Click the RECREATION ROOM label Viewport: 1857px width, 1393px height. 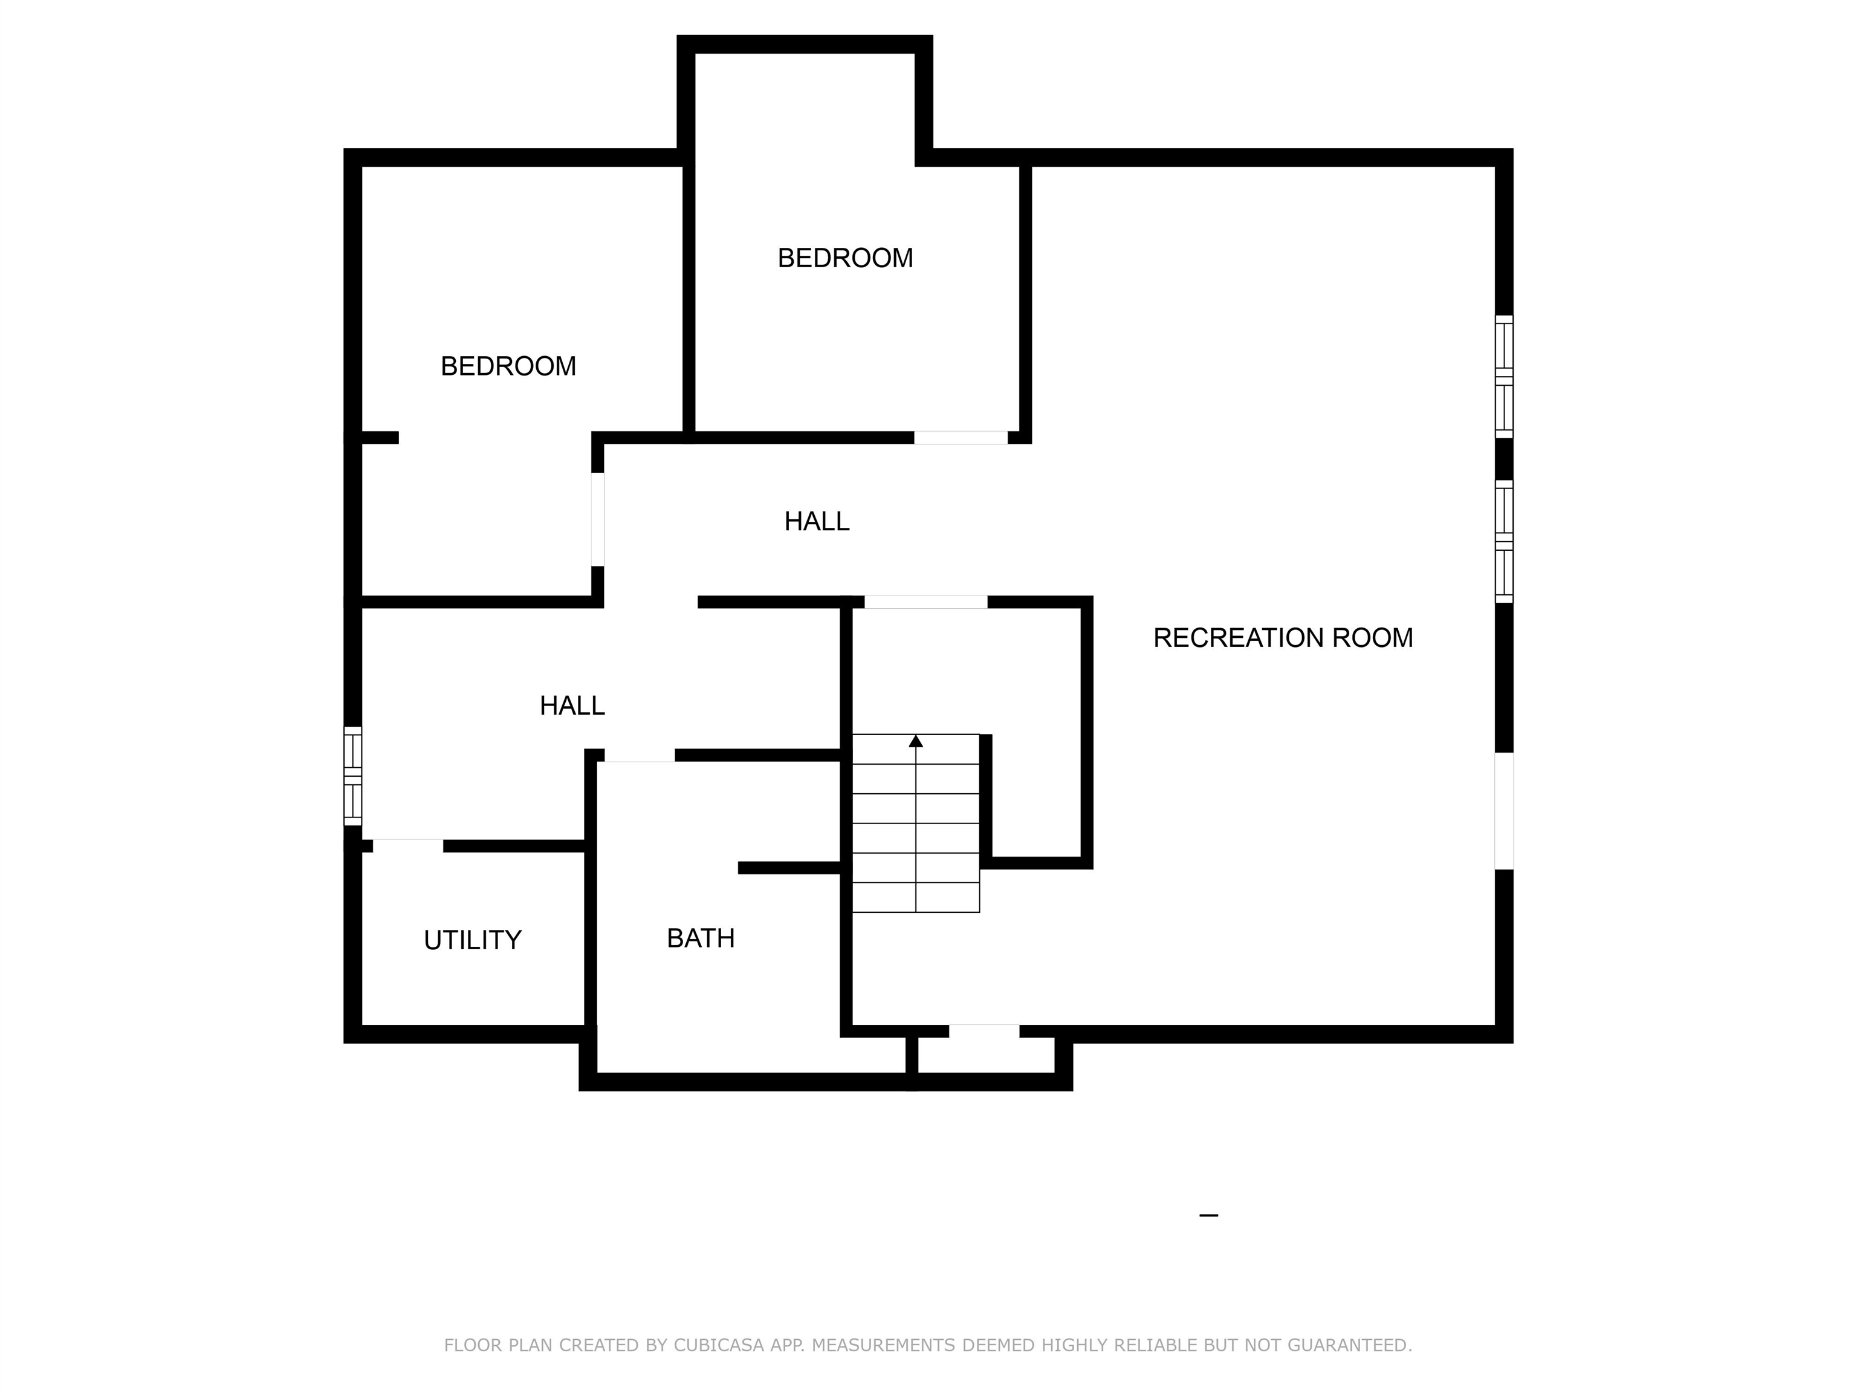click(1283, 638)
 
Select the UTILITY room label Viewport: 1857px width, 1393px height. click(473, 940)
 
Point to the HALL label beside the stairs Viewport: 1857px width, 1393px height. click(572, 706)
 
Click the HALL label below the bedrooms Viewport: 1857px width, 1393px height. click(817, 521)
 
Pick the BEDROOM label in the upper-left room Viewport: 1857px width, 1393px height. click(508, 366)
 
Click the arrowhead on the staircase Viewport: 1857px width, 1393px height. click(916, 741)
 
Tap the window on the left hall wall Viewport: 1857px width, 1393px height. click(352, 776)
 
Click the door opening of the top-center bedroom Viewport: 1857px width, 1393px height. click(961, 438)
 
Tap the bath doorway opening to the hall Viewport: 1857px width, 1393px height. click(639, 756)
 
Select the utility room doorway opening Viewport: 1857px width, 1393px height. click(408, 846)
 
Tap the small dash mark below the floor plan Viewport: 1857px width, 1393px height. click(1209, 1215)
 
